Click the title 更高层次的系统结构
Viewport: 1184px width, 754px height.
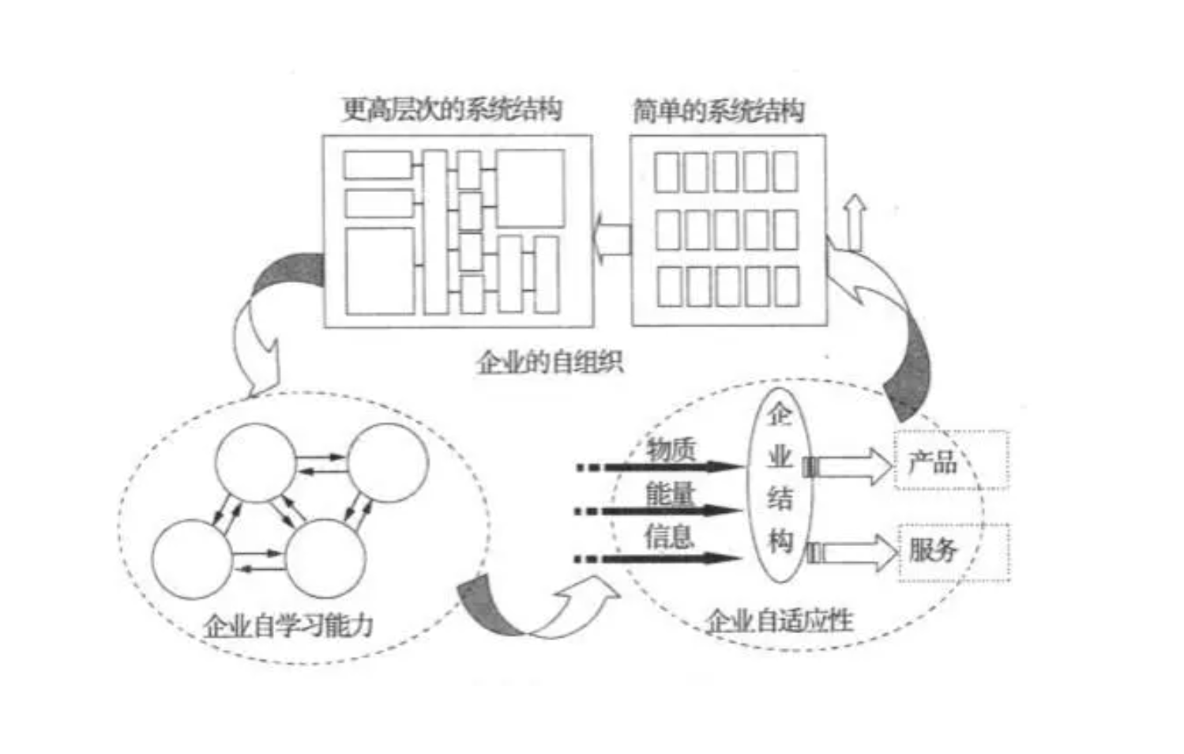pos(452,109)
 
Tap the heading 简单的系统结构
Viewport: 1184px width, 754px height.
pos(718,111)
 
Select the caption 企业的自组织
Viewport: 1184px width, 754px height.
pos(550,362)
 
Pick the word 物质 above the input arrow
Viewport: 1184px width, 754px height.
pos(671,449)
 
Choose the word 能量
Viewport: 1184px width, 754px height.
pos(671,494)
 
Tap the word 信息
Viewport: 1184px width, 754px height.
pos(669,537)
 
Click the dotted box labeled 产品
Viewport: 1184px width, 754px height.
pos(952,460)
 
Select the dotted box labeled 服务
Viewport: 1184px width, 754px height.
pos(954,551)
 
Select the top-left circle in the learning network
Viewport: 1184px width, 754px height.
pos(256,462)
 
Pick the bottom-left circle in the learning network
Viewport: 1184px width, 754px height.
pos(192,558)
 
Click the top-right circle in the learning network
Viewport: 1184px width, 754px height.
pos(388,462)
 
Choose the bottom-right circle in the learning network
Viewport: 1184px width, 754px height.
pos(325,558)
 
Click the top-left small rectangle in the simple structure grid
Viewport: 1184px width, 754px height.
pos(667,172)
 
